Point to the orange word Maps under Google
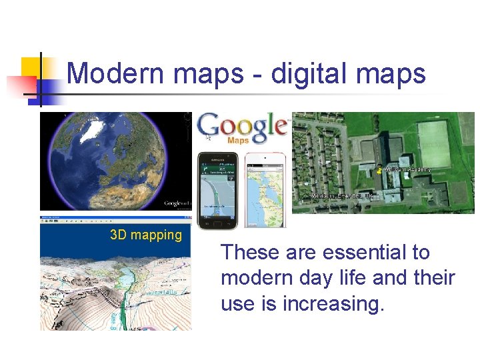[238, 141]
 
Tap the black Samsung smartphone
[218, 190]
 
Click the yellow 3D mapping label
[146, 235]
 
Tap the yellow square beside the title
[31, 67]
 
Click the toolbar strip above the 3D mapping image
[115, 218]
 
